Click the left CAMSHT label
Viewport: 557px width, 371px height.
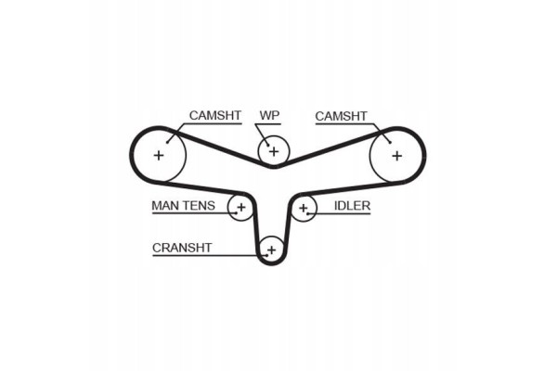[x=215, y=115]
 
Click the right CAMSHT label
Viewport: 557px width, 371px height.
[x=341, y=116]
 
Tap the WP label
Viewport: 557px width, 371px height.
[x=269, y=115]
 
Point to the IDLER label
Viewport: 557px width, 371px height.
[x=352, y=206]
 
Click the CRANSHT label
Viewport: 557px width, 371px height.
[x=182, y=248]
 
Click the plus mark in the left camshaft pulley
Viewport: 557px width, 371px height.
[x=159, y=155]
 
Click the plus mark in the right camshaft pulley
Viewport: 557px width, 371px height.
[x=397, y=156]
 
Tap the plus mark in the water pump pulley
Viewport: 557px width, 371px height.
[x=274, y=151]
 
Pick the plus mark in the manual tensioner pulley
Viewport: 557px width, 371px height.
[x=241, y=207]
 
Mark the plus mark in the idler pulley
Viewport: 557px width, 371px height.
[x=303, y=208]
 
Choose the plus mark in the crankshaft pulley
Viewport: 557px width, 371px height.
[x=271, y=249]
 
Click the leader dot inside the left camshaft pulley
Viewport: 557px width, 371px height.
[x=167, y=142]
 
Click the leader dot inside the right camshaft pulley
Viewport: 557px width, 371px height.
[x=390, y=142]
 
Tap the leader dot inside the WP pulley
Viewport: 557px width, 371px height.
[x=267, y=145]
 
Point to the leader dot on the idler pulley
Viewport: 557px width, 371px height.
[x=307, y=213]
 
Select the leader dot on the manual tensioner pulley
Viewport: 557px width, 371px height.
[x=236, y=213]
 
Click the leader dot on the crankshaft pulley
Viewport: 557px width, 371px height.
[x=266, y=255]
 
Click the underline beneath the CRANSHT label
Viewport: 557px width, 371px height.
[x=210, y=255]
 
